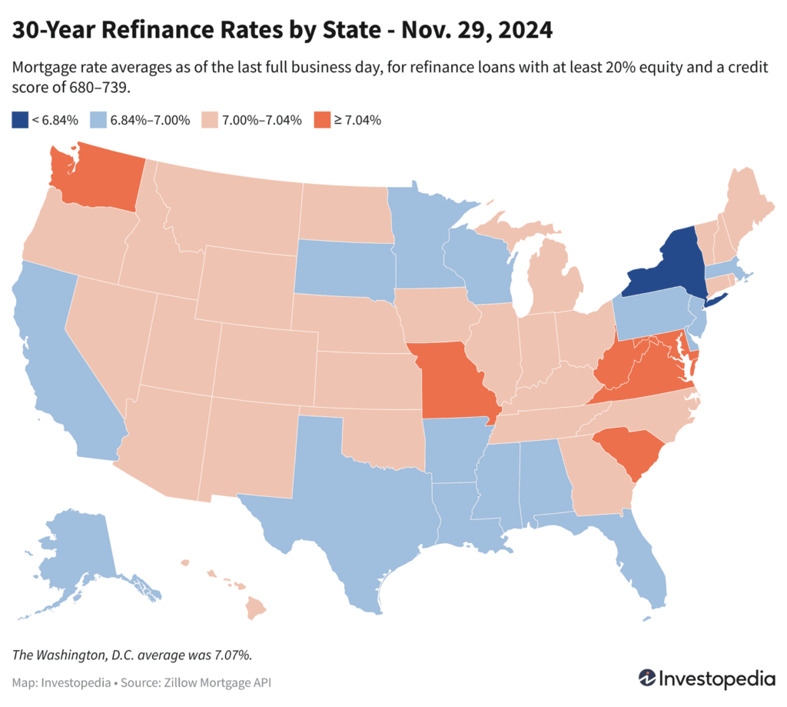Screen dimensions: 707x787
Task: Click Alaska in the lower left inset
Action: (77, 554)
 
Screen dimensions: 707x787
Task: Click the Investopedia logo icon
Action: (648, 679)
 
